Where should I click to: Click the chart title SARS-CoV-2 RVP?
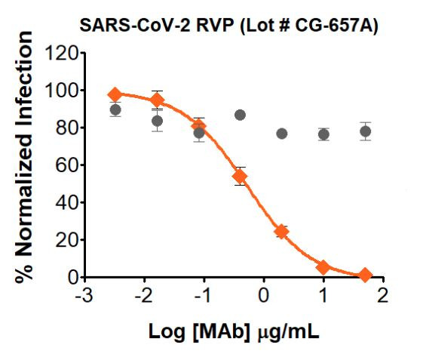point(136,25)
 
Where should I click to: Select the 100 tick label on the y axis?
point(62,91)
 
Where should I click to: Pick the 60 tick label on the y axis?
point(66,165)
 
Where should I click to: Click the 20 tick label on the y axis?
point(66,240)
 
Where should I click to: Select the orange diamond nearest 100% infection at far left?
point(115,94)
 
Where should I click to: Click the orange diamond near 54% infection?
point(240,177)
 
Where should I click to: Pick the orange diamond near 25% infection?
point(281,231)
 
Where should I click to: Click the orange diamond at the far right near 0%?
point(365,275)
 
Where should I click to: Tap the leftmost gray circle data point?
point(115,110)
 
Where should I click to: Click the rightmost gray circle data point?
point(365,131)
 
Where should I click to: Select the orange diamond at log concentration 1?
point(323,267)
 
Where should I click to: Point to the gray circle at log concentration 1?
point(323,134)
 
